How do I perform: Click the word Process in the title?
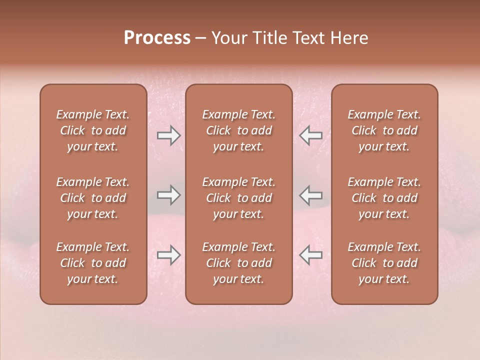point(157,38)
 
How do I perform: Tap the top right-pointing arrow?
point(168,135)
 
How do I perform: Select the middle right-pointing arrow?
point(168,195)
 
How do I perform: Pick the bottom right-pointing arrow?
point(168,255)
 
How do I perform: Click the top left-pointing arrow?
point(310,135)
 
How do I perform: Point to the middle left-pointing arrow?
point(310,195)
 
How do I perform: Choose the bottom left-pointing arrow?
point(310,255)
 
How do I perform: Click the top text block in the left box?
point(93,130)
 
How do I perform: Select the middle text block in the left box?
point(93,198)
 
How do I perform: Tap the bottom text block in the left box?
point(93,263)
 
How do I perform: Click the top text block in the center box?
point(239,130)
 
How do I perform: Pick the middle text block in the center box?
point(239,198)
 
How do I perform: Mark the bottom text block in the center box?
point(239,263)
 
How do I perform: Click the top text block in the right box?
point(384,130)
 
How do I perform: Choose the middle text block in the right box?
point(384,198)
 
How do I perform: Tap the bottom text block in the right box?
point(384,263)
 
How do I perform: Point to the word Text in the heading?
point(305,38)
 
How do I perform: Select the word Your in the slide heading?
point(228,38)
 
